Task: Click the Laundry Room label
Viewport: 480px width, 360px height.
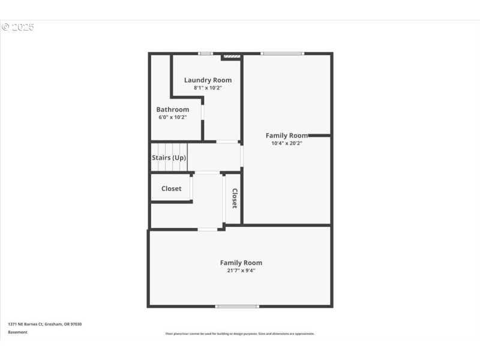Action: coord(208,80)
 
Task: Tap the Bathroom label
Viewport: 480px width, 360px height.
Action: coord(173,109)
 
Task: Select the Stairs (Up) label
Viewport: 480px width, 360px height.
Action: coord(169,158)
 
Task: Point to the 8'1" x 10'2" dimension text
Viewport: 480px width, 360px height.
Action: coord(208,88)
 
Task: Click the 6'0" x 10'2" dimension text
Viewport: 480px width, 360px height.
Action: coord(173,117)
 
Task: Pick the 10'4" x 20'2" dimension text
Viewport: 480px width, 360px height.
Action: coord(287,143)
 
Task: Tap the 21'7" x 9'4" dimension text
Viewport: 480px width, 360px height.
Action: coord(241,271)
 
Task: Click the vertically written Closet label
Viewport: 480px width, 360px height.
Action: coord(235,199)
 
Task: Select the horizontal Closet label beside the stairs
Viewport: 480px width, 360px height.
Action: coord(171,188)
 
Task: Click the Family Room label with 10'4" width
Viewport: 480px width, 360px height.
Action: coord(287,136)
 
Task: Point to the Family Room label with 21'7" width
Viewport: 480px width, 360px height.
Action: coord(241,263)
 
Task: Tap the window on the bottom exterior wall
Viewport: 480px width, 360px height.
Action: coord(237,307)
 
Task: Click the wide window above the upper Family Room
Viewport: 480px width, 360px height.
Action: coord(282,54)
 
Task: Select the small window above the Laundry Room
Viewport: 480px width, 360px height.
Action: coord(206,54)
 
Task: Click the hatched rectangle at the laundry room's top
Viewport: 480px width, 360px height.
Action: coord(231,58)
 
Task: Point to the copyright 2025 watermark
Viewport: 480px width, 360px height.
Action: coord(18,27)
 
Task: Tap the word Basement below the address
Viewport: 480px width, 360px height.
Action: coord(17,332)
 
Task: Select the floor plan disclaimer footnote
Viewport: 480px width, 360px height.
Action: coord(240,334)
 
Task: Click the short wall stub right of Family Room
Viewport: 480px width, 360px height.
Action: coord(319,136)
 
